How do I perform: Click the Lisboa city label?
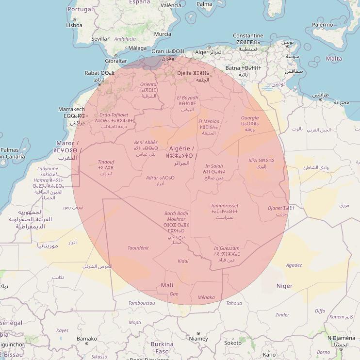click(x=74, y=25)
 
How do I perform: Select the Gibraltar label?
click(x=115, y=61)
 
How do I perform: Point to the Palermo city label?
click(x=323, y=25)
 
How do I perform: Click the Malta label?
click(x=334, y=59)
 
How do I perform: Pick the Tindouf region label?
click(x=106, y=162)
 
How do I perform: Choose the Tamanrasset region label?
click(x=225, y=206)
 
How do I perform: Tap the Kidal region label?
click(x=183, y=261)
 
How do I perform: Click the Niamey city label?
click(x=198, y=339)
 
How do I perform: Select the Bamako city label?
click(x=87, y=339)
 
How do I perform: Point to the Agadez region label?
click(x=294, y=265)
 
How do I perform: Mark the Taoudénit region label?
click(x=138, y=248)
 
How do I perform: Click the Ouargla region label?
click(x=250, y=118)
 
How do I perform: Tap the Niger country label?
click(x=284, y=286)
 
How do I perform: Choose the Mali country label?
click(x=166, y=285)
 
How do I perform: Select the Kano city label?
click(x=269, y=355)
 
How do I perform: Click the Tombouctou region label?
click(x=142, y=303)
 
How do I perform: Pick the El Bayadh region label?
click(x=187, y=98)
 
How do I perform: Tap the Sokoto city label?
click(x=232, y=343)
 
